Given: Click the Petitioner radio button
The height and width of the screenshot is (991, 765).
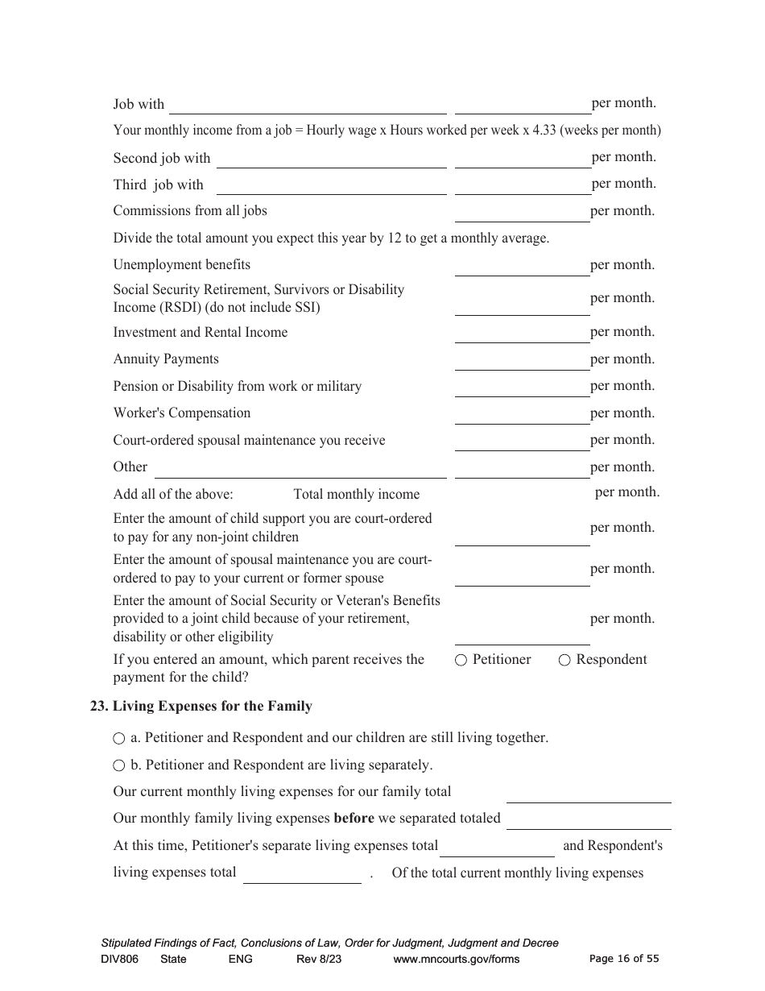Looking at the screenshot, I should click(461, 660).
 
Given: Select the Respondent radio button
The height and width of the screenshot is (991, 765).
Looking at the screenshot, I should click(564, 660).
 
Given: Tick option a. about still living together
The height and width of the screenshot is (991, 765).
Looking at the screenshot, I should click(119, 738).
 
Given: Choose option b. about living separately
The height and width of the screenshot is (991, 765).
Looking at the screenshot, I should click(119, 765).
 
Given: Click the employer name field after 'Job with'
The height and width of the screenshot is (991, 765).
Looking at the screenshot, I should click(308, 106).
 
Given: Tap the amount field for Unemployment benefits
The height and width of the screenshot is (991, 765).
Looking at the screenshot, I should click(522, 267).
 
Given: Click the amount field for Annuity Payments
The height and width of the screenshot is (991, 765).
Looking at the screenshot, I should click(522, 361).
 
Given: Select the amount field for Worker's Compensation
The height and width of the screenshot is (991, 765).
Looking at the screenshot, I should click(522, 415).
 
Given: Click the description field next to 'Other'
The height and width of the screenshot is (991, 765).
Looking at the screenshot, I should click(300, 469).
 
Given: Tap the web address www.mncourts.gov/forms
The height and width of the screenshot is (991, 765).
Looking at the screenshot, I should click(456, 959).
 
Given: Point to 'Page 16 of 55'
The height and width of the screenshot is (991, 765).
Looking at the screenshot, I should click(624, 959).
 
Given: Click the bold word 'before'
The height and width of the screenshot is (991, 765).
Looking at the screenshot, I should click(354, 819).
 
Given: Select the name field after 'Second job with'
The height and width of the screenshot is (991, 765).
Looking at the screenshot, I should click(331, 160).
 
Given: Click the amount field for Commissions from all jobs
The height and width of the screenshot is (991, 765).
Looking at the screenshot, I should click(522, 213).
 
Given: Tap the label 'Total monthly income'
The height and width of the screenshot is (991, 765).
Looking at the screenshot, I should click(356, 495).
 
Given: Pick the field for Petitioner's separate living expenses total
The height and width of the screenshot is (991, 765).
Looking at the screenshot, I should click(497, 848).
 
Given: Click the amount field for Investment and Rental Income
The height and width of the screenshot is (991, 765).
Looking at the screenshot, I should click(522, 334).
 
